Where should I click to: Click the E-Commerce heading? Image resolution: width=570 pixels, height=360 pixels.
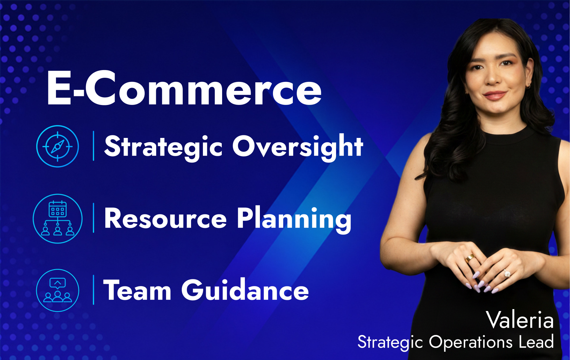[x=184, y=88]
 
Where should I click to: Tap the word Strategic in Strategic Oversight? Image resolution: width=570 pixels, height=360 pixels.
[x=164, y=147]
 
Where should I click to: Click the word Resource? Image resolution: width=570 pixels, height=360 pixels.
[x=165, y=219]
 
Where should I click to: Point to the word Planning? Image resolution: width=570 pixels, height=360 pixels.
[x=294, y=220]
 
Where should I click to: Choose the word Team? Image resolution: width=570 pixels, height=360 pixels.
[x=137, y=290]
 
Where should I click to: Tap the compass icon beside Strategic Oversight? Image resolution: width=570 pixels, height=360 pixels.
[x=58, y=146]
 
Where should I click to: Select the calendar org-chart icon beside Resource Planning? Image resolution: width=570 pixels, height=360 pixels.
[x=58, y=219]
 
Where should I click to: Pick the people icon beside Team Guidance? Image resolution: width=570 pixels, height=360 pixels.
[x=58, y=290]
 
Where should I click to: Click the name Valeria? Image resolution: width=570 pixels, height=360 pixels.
[x=520, y=320]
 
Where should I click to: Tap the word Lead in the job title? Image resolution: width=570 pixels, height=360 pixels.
[x=536, y=341]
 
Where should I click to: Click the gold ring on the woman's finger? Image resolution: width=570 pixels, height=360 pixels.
[x=471, y=258]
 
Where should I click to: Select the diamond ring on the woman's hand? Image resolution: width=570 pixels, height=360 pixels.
[x=507, y=274]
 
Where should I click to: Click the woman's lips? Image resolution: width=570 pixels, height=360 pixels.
[x=494, y=95]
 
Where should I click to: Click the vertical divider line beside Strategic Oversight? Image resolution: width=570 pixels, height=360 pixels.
[x=93, y=146]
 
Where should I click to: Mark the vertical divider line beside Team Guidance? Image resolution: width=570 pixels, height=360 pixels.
[x=93, y=290]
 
